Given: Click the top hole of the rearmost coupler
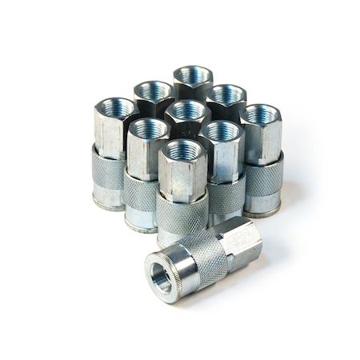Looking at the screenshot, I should pyautogui.click(x=193, y=75).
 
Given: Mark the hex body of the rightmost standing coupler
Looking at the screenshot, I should pyautogui.click(x=262, y=138).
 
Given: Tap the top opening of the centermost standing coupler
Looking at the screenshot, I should pyautogui.click(x=188, y=110).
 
